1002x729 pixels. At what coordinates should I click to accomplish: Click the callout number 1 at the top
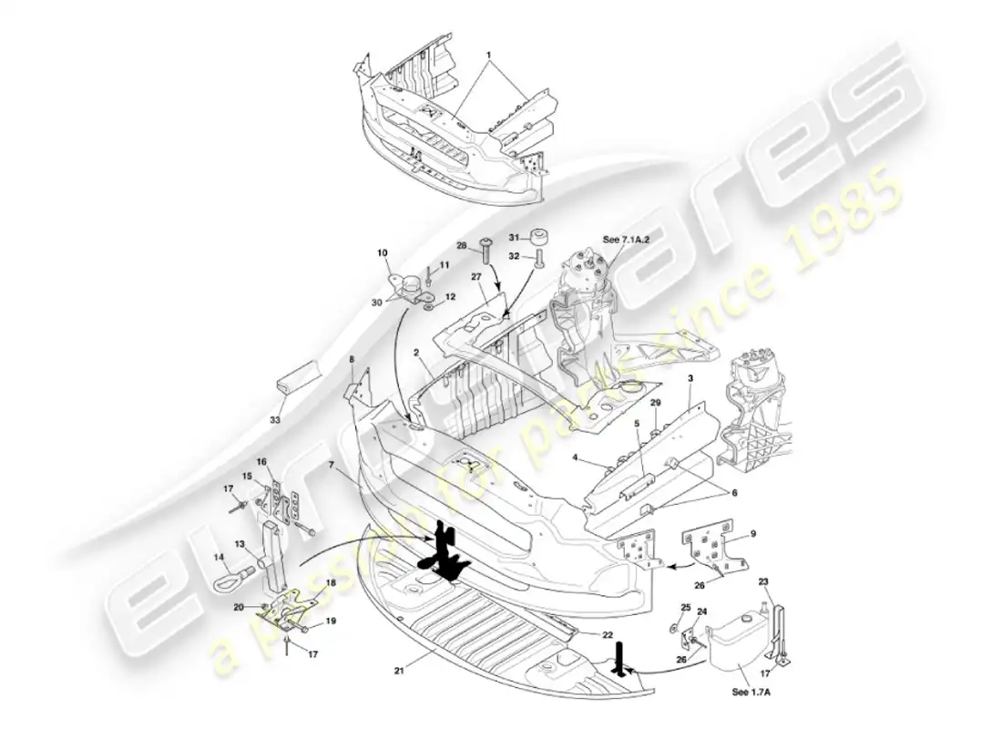(489, 54)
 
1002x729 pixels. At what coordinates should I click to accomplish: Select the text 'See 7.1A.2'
(623, 239)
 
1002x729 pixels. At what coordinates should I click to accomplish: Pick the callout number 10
(382, 252)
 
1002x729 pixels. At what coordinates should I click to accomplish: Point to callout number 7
(334, 465)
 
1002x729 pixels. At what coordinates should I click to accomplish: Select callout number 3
(690, 377)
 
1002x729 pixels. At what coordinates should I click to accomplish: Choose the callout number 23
(763, 581)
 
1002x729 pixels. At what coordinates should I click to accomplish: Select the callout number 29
(655, 402)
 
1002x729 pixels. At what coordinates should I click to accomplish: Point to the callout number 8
(352, 361)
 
